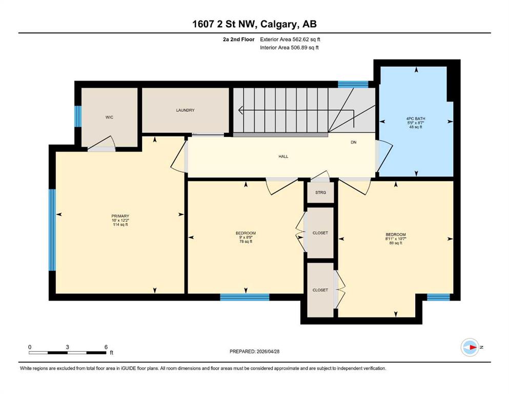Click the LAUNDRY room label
pos(185,110)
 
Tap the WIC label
pos(109,117)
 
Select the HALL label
pos(283,156)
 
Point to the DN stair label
pos(354,142)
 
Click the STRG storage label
pos(320,192)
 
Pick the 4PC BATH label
pos(416,119)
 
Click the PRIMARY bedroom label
pos(120,216)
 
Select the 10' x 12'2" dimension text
pos(120,220)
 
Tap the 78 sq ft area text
pos(246,241)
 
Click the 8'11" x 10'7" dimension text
pos(396,239)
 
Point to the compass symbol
pos(470,347)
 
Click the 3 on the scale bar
pos(68,347)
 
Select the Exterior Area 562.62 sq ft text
pos(290,40)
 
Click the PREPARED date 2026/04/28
pos(268,351)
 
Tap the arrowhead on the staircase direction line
pos(240,110)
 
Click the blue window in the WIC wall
pos(78,116)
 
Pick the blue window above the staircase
pos(353,85)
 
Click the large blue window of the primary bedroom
pos(52,230)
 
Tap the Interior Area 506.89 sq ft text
pos(289,47)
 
